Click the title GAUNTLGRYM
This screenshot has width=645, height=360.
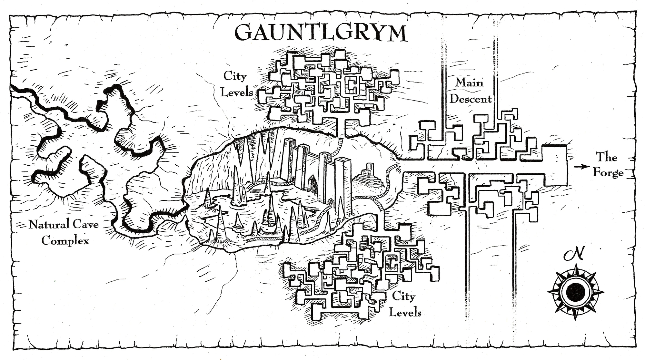(x=321, y=33)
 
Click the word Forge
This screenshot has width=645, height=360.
(x=608, y=173)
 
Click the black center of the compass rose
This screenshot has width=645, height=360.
(x=576, y=291)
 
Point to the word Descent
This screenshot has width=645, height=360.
(x=470, y=99)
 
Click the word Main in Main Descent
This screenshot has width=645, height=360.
(x=469, y=83)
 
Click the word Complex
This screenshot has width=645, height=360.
(x=65, y=241)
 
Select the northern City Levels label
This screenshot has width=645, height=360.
(x=236, y=84)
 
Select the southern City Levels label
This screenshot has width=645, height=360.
(x=405, y=304)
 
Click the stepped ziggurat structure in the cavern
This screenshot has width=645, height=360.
(x=368, y=179)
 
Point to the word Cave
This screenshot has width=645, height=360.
(x=85, y=224)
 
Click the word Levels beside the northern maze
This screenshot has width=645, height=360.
(x=236, y=92)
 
